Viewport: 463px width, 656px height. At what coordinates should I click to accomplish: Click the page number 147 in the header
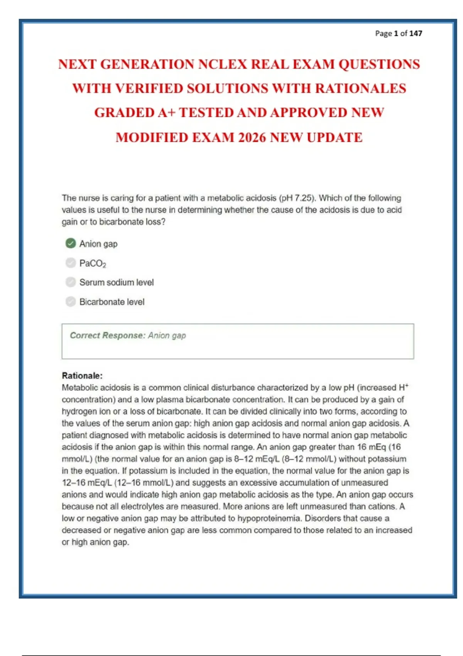416,34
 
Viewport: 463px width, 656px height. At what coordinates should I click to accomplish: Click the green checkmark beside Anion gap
71,243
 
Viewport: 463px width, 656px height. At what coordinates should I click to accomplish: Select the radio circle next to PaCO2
71,263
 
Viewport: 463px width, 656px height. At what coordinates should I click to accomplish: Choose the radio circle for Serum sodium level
71,282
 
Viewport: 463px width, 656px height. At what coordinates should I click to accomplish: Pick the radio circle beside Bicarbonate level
71,301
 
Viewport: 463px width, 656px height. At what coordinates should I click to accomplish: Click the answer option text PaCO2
93,264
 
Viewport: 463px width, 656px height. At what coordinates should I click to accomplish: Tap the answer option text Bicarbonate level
112,302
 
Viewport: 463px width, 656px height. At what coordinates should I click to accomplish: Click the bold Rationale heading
82,375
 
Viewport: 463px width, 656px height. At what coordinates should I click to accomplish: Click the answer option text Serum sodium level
117,282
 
